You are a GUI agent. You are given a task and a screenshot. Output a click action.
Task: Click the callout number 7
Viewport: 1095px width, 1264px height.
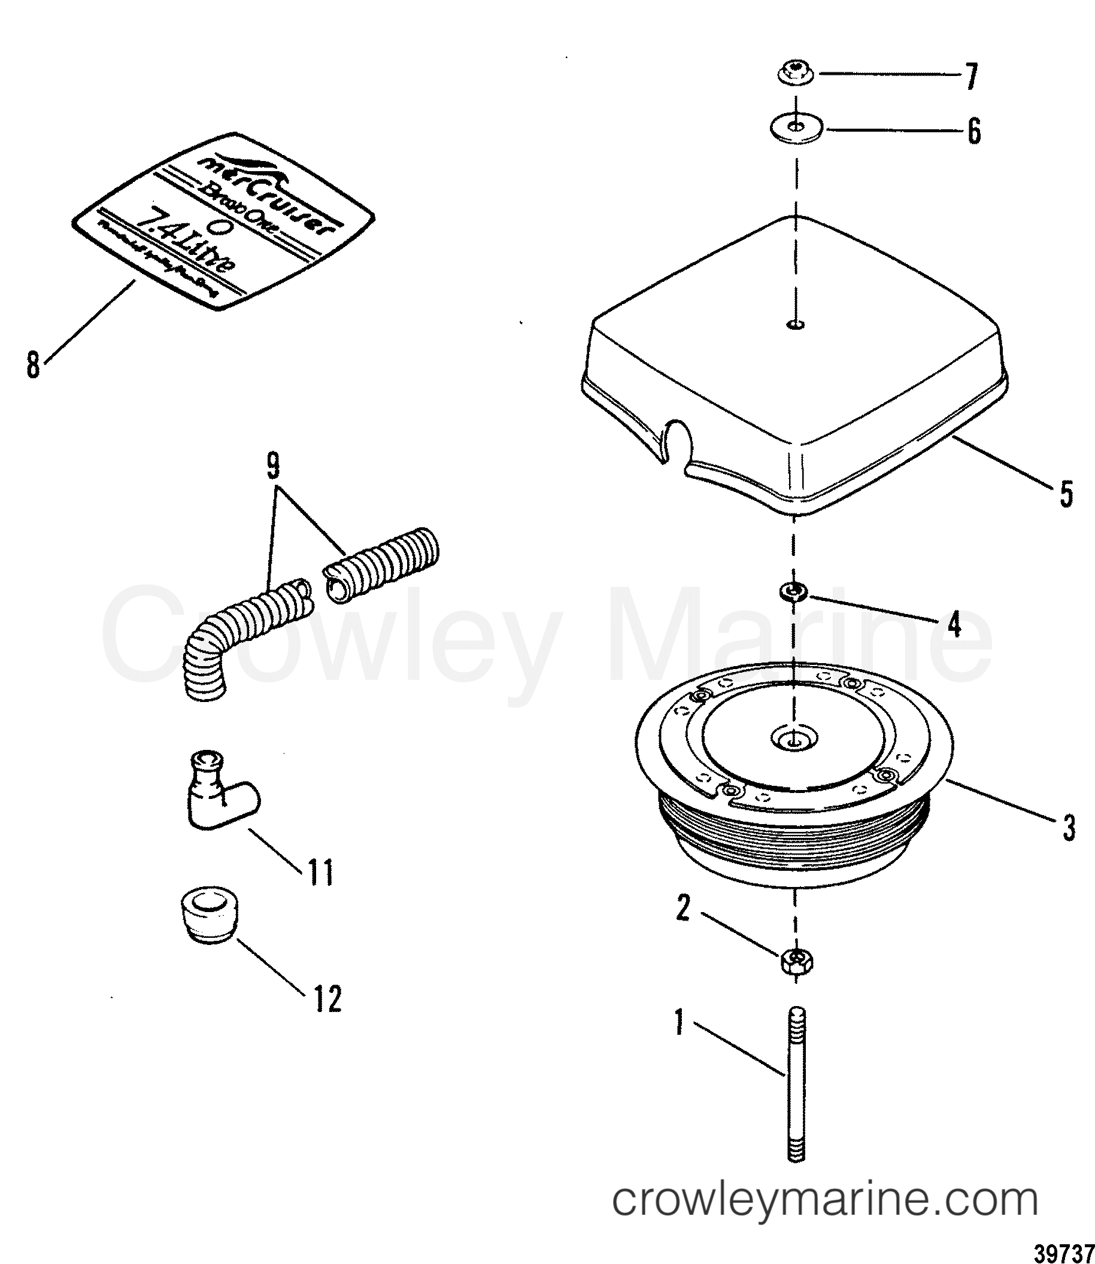tap(970, 77)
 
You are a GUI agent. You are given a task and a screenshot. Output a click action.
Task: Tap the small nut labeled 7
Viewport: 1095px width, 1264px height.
tap(795, 74)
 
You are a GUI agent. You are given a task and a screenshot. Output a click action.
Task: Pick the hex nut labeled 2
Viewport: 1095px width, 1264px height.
tap(796, 963)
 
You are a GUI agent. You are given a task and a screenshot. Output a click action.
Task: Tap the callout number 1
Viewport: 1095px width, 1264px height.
tap(679, 1022)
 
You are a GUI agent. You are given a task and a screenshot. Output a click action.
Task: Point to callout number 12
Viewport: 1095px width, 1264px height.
tap(327, 998)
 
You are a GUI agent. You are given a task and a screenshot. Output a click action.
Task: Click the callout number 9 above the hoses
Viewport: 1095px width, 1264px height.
tap(272, 467)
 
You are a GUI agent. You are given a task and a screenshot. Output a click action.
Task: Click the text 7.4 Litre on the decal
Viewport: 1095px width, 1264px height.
tap(183, 245)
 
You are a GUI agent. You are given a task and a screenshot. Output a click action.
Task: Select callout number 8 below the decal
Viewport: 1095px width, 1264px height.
tap(33, 364)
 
